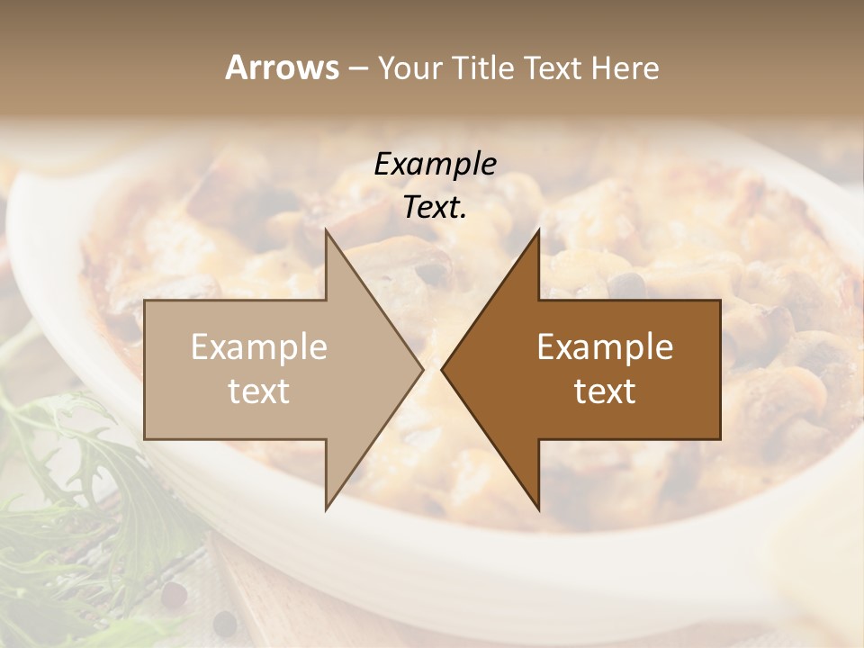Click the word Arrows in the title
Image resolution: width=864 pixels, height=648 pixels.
click(x=282, y=67)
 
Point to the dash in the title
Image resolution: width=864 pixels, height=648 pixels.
click(x=357, y=68)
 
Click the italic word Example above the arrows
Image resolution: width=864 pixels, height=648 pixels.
click(x=435, y=165)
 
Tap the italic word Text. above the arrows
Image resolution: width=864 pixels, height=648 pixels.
click(x=435, y=208)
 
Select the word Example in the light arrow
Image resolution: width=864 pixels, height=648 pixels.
click(x=259, y=347)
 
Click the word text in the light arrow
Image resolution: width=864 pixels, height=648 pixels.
click(x=259, y=391)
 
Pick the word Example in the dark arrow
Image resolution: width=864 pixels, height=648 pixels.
click(x=605, y=347)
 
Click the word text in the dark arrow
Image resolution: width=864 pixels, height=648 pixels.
click(x=605, y=391)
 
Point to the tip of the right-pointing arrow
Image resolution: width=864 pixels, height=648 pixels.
click(x=422, y=369)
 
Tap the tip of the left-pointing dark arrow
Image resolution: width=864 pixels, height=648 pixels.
click(x=442, y=369)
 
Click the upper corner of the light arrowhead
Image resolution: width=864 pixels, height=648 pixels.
click(x=327, y=231)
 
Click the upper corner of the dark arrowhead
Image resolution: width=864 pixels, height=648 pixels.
click(x=538, y=231)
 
